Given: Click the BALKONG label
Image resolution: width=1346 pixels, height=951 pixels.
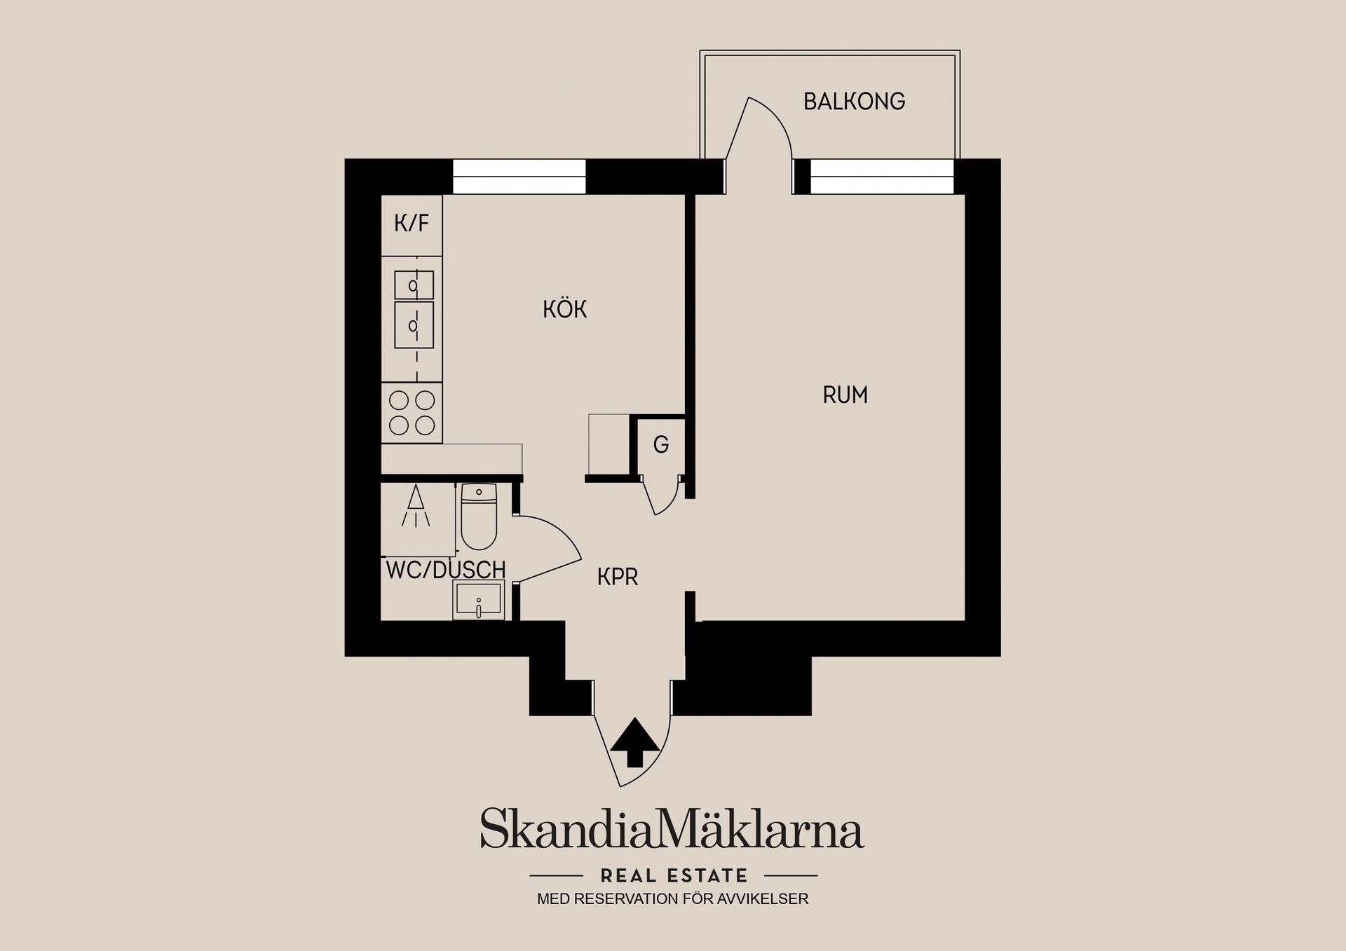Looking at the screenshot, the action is (854, 102).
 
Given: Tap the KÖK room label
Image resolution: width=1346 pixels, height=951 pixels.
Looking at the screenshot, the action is (564, 309).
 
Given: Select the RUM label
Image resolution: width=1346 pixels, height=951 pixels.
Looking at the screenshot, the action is (845, 395).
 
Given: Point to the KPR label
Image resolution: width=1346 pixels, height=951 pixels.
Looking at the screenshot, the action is (618, 577).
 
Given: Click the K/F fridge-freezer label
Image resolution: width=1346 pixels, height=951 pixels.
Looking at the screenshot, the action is (412, 224).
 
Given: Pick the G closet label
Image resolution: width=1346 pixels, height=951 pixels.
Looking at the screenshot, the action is (660, 444).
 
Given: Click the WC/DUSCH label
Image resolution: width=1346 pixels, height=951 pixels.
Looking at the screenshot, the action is (446, 570).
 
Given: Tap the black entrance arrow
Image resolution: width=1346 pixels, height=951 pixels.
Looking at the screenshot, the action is (635, 742).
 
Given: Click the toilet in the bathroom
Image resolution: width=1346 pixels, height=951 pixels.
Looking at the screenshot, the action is (479, 516).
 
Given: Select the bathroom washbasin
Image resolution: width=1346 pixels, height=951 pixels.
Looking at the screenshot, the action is (479, 601).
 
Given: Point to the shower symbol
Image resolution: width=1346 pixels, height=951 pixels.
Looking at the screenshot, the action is (416, 505).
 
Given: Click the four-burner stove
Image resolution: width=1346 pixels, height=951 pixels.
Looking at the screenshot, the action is (412, 413).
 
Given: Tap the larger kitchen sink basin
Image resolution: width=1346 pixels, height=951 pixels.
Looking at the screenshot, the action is (414, 325).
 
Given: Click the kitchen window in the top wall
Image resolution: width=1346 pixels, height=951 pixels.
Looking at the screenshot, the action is (519, 177).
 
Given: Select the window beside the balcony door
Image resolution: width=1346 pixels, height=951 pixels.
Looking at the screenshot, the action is (882, 177).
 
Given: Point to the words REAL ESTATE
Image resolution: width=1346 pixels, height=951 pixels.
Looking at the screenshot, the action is (674, 875).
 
